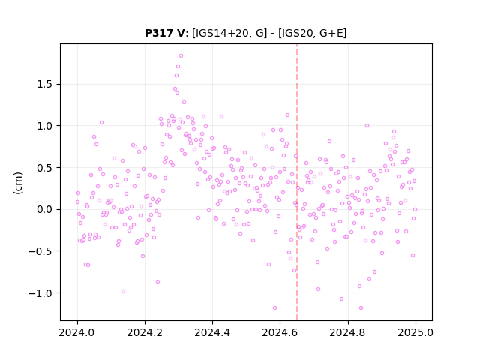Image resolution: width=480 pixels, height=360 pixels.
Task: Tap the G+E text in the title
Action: pyautogui.click(x=331, y=33)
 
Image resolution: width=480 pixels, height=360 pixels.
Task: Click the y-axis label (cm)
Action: pyautogui.click(x=18, y=183)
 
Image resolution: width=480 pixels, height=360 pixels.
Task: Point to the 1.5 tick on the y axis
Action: pyautogui.click(x=44, y=84)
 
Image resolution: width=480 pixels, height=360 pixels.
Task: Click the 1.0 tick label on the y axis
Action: pyautogui.click(x=44, y=126)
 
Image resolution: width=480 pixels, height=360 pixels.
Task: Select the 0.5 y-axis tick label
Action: pyautogui.click(x=44, y=168)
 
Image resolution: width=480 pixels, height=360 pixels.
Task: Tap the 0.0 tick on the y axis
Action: pyautogui.click(x=44, y=210)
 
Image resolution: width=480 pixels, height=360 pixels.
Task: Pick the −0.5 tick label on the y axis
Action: pyautogui.click(x=40, y=251)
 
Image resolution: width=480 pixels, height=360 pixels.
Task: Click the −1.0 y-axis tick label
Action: pyautogui.click(x=40, y=293)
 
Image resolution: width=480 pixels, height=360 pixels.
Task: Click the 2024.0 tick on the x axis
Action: pyautogui.click(x=77, y=332)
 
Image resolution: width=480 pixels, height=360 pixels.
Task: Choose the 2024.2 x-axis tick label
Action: pyautogui.click(x=145, y=332)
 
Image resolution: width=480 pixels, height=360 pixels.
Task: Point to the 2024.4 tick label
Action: pyautogui.click(x=212, y=332)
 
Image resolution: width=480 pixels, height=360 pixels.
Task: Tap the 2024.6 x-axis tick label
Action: pyautogui.click(x=280, y=332)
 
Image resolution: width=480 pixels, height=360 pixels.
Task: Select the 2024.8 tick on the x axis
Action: pyautogui.click(x=348, y=332)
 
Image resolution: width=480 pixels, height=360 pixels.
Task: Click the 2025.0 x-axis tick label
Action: pyautogui.click(x=415, y=332)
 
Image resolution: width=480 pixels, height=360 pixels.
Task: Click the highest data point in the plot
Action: pyautogui.click(x=181, y=56)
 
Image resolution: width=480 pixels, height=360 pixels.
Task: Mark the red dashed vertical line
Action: pyautogui.click(x=297, y=182)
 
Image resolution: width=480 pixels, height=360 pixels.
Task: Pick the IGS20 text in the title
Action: pyautogui.click(x=296, y=33)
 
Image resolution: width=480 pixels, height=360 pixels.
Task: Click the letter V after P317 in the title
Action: pyautogui.click(x=181, y=33)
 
